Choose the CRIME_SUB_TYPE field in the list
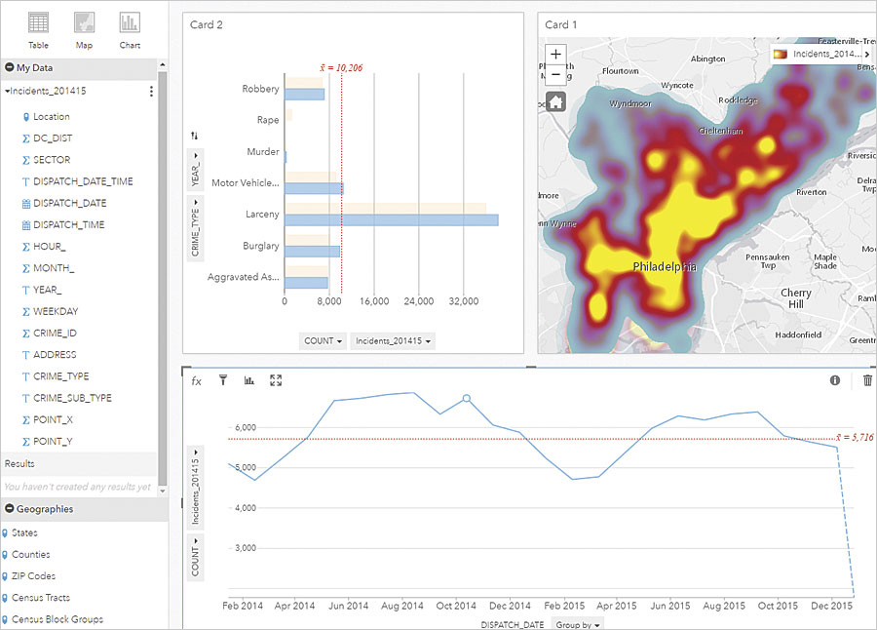pyautogui.click(x=72, y=398)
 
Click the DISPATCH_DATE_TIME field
pyautogui.click(x=83, y=181)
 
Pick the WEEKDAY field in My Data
pyautogui.click(x=56, y=311)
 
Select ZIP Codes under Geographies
pyautogui.click(x=33, y=576)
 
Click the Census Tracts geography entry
pyautogui.click(x=40, y=598)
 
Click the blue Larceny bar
pyautogui.click(x=391, y=220)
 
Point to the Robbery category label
pyautogui.click(x=260, y=89)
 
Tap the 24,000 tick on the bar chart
pyautogui.click(x=418, y=302)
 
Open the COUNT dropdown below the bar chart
pyautogui.click(x=323, y=341)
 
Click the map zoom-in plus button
pyautogui.click(x=555, y=55)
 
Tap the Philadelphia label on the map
pyautogui.click(x=665, y=266)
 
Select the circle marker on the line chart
pyautogui.click(x=467, y=399)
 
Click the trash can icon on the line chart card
pyautogui.click(x=868, y=380)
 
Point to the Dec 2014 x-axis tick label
pyautogui.click(x=511, y=606)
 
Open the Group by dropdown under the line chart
pyautogui.click(x=578, y=622)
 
